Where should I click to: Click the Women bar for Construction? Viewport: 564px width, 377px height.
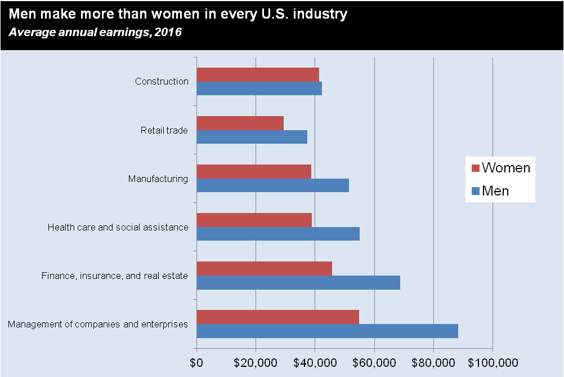pyautogui.click(x=258, y=74)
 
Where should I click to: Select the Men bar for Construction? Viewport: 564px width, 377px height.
pyautogui.click(x=259, y=88)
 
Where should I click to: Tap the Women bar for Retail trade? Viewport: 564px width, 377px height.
pyautogui.click(x=240, y=123)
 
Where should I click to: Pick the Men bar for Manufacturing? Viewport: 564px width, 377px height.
pyautogui.click(x=272, y=185)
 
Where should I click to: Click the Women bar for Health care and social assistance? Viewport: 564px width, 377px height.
pyautogui.click(x=254, y=220)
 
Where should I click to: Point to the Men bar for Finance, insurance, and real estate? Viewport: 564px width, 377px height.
pyautogui.click(x=298, y=282)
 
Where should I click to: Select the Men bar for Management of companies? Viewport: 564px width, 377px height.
pyautogui.click(x=327, y=331)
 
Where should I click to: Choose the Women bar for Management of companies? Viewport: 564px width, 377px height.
pyautogui.click(x=277, y=317)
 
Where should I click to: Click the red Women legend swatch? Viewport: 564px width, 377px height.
pyautogui.click(x=475, y=168)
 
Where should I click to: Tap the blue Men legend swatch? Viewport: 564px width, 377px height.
pyautogui.click(x=475, y=191)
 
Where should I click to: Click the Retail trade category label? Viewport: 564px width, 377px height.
pyautogui.click(x=164, y=131)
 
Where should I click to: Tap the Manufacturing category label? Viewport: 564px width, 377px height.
pyautogui.click(x=158, y=179)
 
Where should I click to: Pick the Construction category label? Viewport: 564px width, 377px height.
pyautogui.click(x=162, y=82)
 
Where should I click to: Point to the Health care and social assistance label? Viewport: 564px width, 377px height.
pyautogui.click(x=118, y=228)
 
